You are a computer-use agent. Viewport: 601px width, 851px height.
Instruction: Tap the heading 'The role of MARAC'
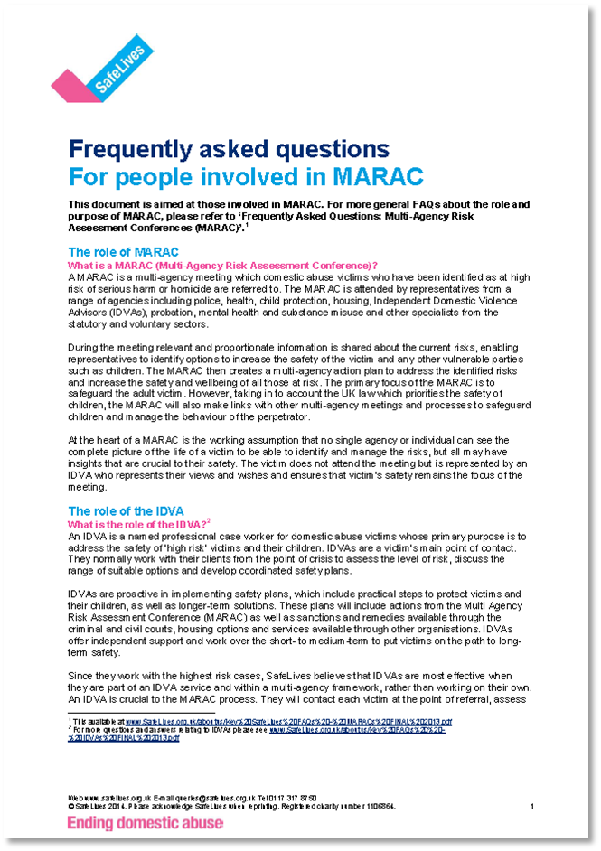tap(124, 251)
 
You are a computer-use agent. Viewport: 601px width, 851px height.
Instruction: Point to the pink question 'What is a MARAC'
tap(222, 265)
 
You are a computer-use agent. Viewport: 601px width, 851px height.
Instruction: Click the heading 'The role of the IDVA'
tap(126, 510)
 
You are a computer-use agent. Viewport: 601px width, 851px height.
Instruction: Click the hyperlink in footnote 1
tap(287, 722)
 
